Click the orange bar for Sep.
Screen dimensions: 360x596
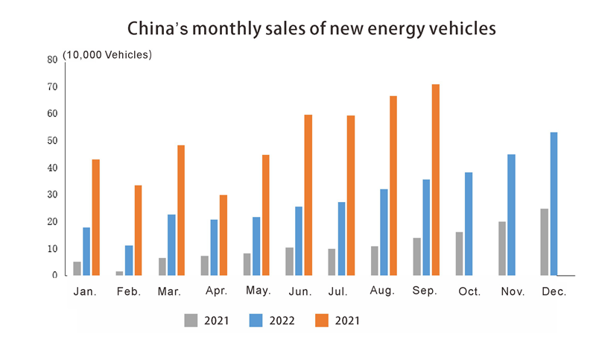click(x=436, y=180)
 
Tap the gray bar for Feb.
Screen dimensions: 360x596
click(x=119, y=273)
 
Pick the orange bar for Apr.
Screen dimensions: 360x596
click(x=223, y=235)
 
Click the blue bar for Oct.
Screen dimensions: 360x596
click(x=469, y=224)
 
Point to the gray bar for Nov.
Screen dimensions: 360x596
click(x=501, y=248)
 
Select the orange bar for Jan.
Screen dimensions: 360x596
click(x=95, y=217)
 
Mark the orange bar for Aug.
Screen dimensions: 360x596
click(x=393, y=186)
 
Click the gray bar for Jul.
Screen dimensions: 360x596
click(x=332, y=262)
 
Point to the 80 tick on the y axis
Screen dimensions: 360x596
click(x=52, y=60)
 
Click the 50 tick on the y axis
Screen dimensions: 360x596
click(x=52, y=141)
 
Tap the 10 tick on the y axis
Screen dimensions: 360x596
click(x=52, y=249)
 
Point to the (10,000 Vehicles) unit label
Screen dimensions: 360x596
click(x=107, y=55)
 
